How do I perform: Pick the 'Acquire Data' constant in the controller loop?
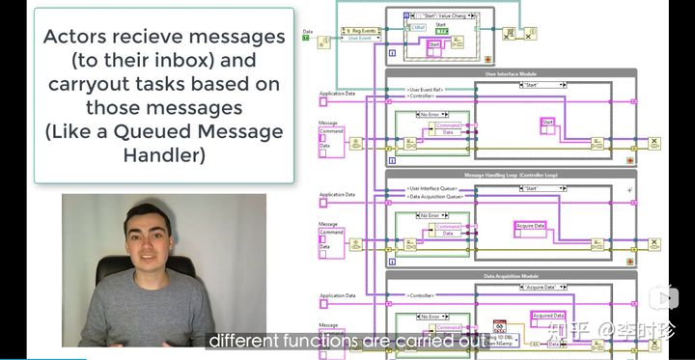(x=532, y=226)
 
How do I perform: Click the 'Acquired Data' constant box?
(x=548, y=315)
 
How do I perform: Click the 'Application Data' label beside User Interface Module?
(x=337, y=95)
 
